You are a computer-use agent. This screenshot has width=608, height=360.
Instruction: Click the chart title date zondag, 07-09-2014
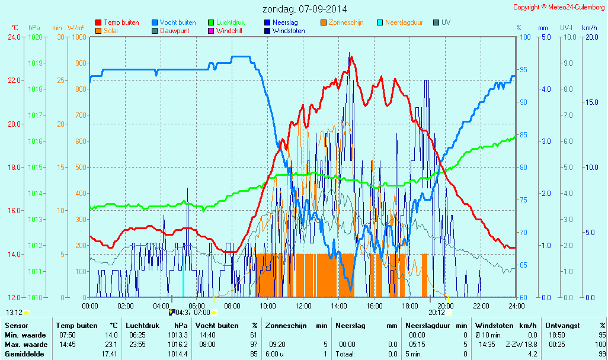pyautogui.click(x=305, y=9)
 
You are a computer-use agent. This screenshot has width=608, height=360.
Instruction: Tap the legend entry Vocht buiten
pyautogui.click(x=177, y=22)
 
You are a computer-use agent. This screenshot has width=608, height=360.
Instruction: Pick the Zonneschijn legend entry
pyautogui.click(x=346, y=22)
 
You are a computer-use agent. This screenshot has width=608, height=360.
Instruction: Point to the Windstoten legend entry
pyautogui.click(x=289, y=31)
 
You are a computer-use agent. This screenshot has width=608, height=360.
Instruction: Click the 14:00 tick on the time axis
pyautogui.click(x=339, y=306)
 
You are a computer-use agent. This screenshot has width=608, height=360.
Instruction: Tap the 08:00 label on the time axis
pyautogui.click(x=232, y=306)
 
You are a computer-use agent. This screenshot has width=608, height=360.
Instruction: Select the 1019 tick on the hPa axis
pyautogui.click(x=35, y=63)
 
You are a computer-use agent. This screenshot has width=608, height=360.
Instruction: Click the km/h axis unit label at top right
pyautogui.click(x=589, y=28)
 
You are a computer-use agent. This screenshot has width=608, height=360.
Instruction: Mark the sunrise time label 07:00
pyautogui.click(x=202, y=312)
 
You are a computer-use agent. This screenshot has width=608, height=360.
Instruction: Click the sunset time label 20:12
pyautogui.click(x=437, y=312)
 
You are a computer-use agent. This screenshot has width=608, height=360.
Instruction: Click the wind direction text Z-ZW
pyautogui.click(x=513, y=345)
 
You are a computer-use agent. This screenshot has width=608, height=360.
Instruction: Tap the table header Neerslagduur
pyautogui.click(x=427, y=326)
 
